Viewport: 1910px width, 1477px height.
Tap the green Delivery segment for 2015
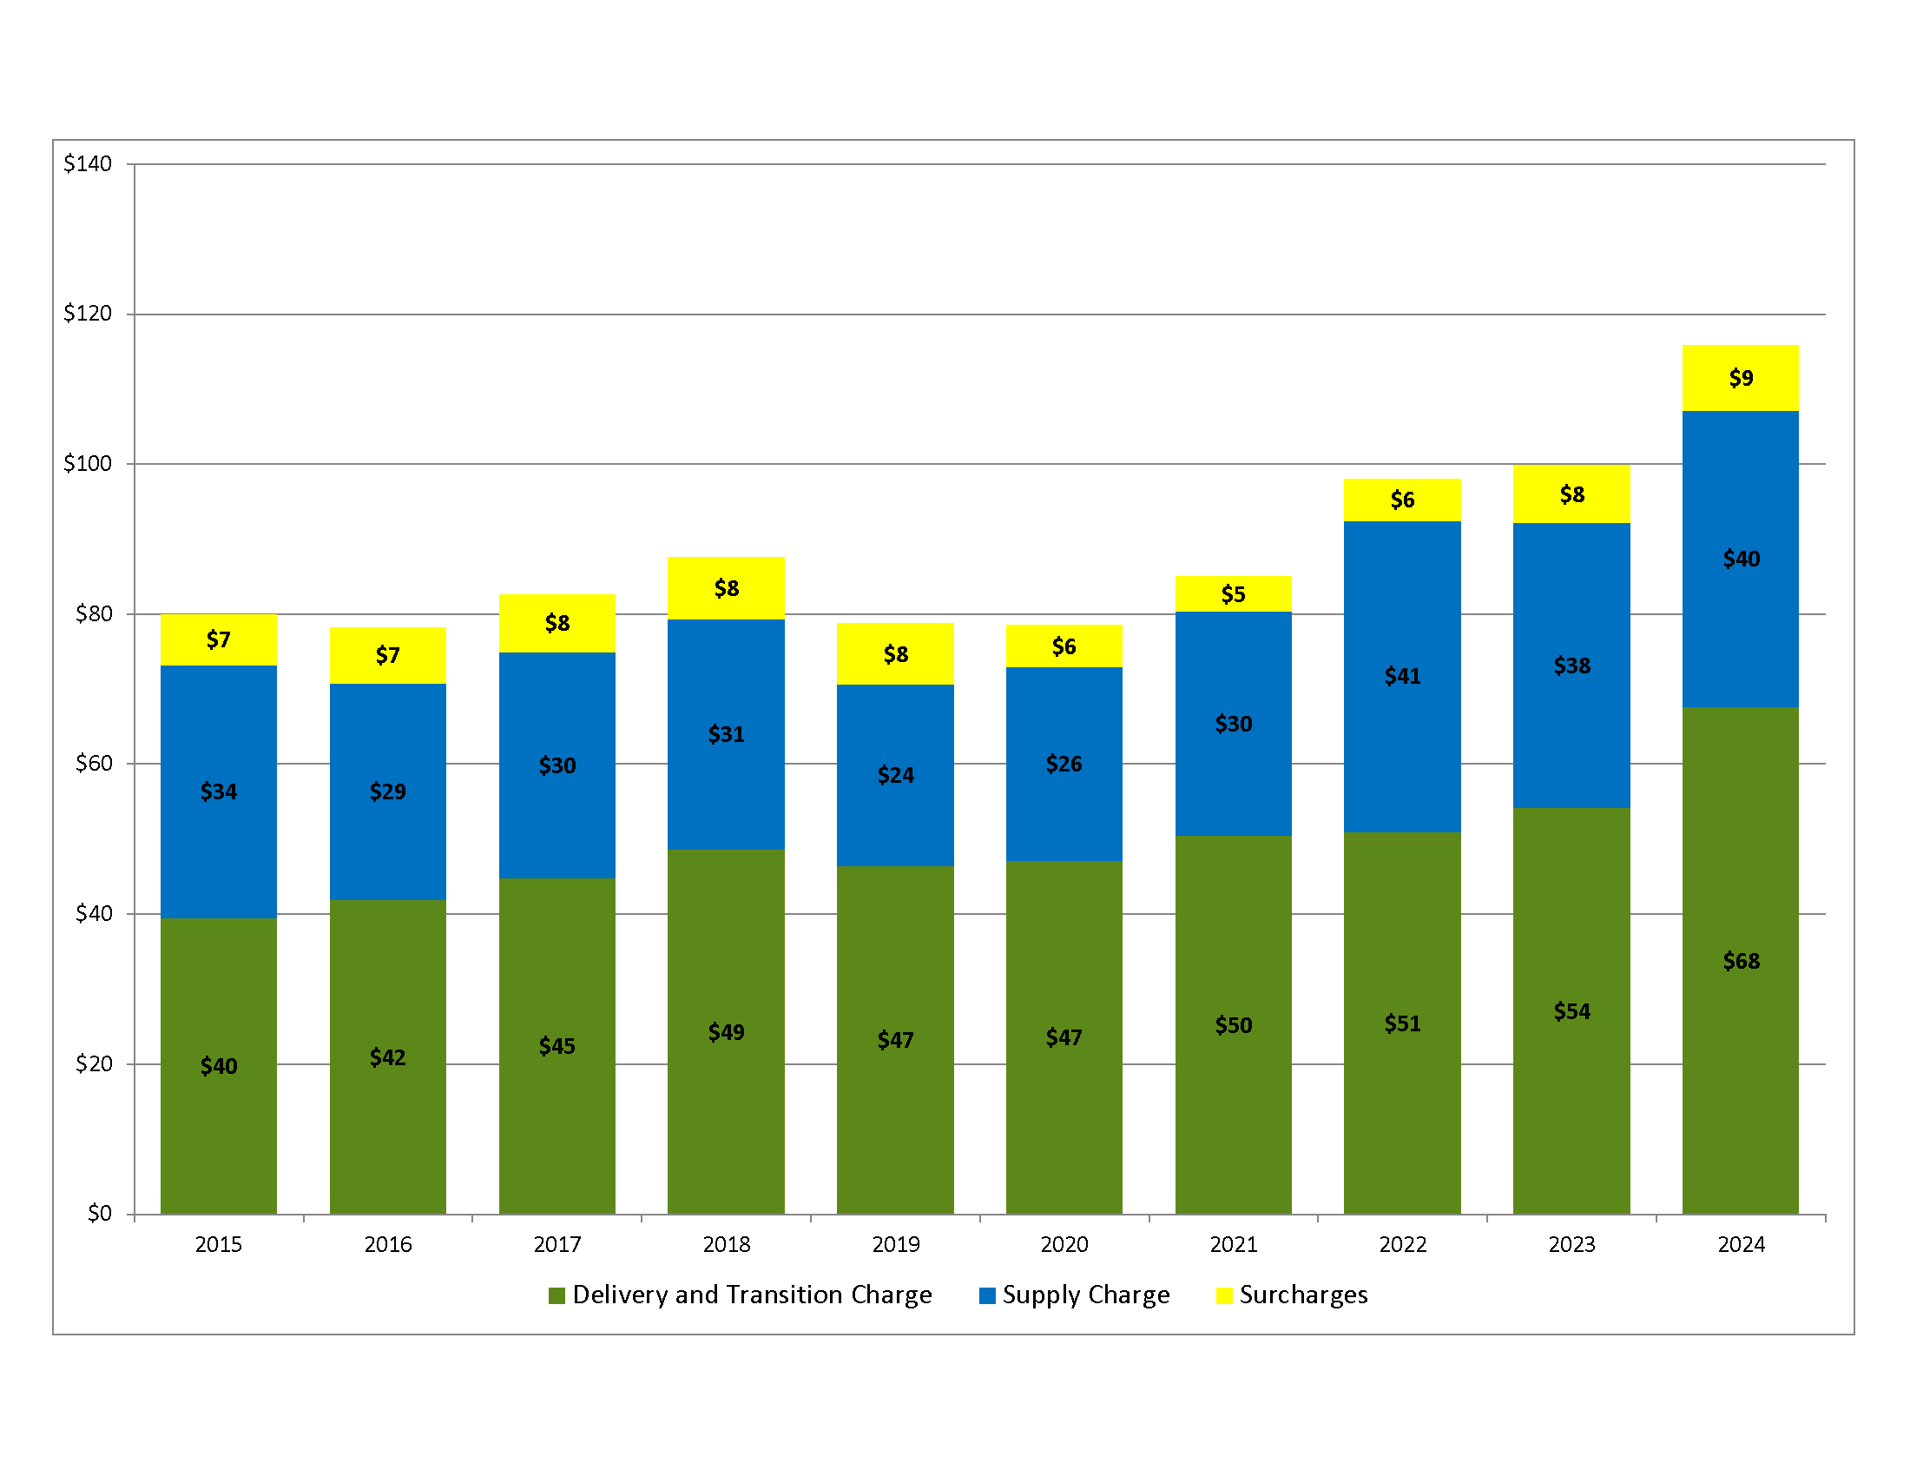coord(219,1137)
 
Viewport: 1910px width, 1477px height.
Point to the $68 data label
coord(1741,962)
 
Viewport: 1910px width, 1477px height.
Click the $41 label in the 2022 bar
coord(1402,676)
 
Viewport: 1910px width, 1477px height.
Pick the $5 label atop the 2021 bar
coord(1233,595)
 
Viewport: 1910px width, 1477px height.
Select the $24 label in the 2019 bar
coord(896,775)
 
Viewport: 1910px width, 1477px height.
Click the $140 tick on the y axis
coord(88,163)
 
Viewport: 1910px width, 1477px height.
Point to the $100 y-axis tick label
coord(88,464)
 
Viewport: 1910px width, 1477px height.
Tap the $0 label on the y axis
coord(100,1214)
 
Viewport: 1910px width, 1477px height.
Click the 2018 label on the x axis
coord(726,1245)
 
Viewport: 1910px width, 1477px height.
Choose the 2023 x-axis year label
coord(1571,1245)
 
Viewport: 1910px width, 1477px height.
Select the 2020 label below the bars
coord(1064,1245)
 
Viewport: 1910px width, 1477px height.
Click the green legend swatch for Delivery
coord(557,1296)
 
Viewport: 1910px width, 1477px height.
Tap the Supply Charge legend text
coord(1085,1295)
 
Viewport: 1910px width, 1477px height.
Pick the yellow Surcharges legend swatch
coord(1224,1296)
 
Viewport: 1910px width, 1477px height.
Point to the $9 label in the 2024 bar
coord(1741,378)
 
